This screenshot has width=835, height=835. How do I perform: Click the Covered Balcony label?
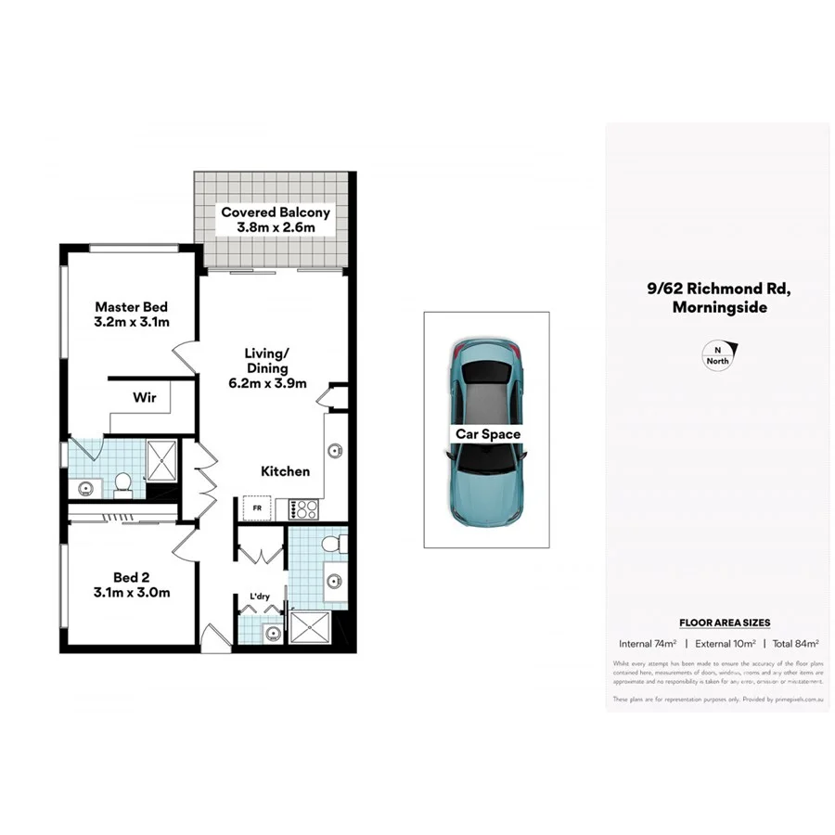(x=276, y=220)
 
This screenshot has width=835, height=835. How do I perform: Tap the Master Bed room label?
(x=132, y=315)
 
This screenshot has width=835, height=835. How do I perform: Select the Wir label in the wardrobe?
(x=145, y=398)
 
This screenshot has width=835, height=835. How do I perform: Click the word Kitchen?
(x=285, y=471)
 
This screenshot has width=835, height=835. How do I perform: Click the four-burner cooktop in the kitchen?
(x=305, y=508)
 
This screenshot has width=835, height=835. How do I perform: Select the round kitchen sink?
(x=333, y=452)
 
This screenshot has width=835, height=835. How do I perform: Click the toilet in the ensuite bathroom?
(x=122, y=482)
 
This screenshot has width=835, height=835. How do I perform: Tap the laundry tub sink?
(x=272, y=633)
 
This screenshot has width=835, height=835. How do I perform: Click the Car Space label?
(x=487, y=433)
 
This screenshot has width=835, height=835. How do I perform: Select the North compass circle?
(x=717, y=356)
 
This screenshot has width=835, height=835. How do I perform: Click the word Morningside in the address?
(x=719, y=307)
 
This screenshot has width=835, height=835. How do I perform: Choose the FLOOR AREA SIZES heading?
(x=725, y=623)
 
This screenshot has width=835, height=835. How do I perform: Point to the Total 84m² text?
(x=794, y=643)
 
